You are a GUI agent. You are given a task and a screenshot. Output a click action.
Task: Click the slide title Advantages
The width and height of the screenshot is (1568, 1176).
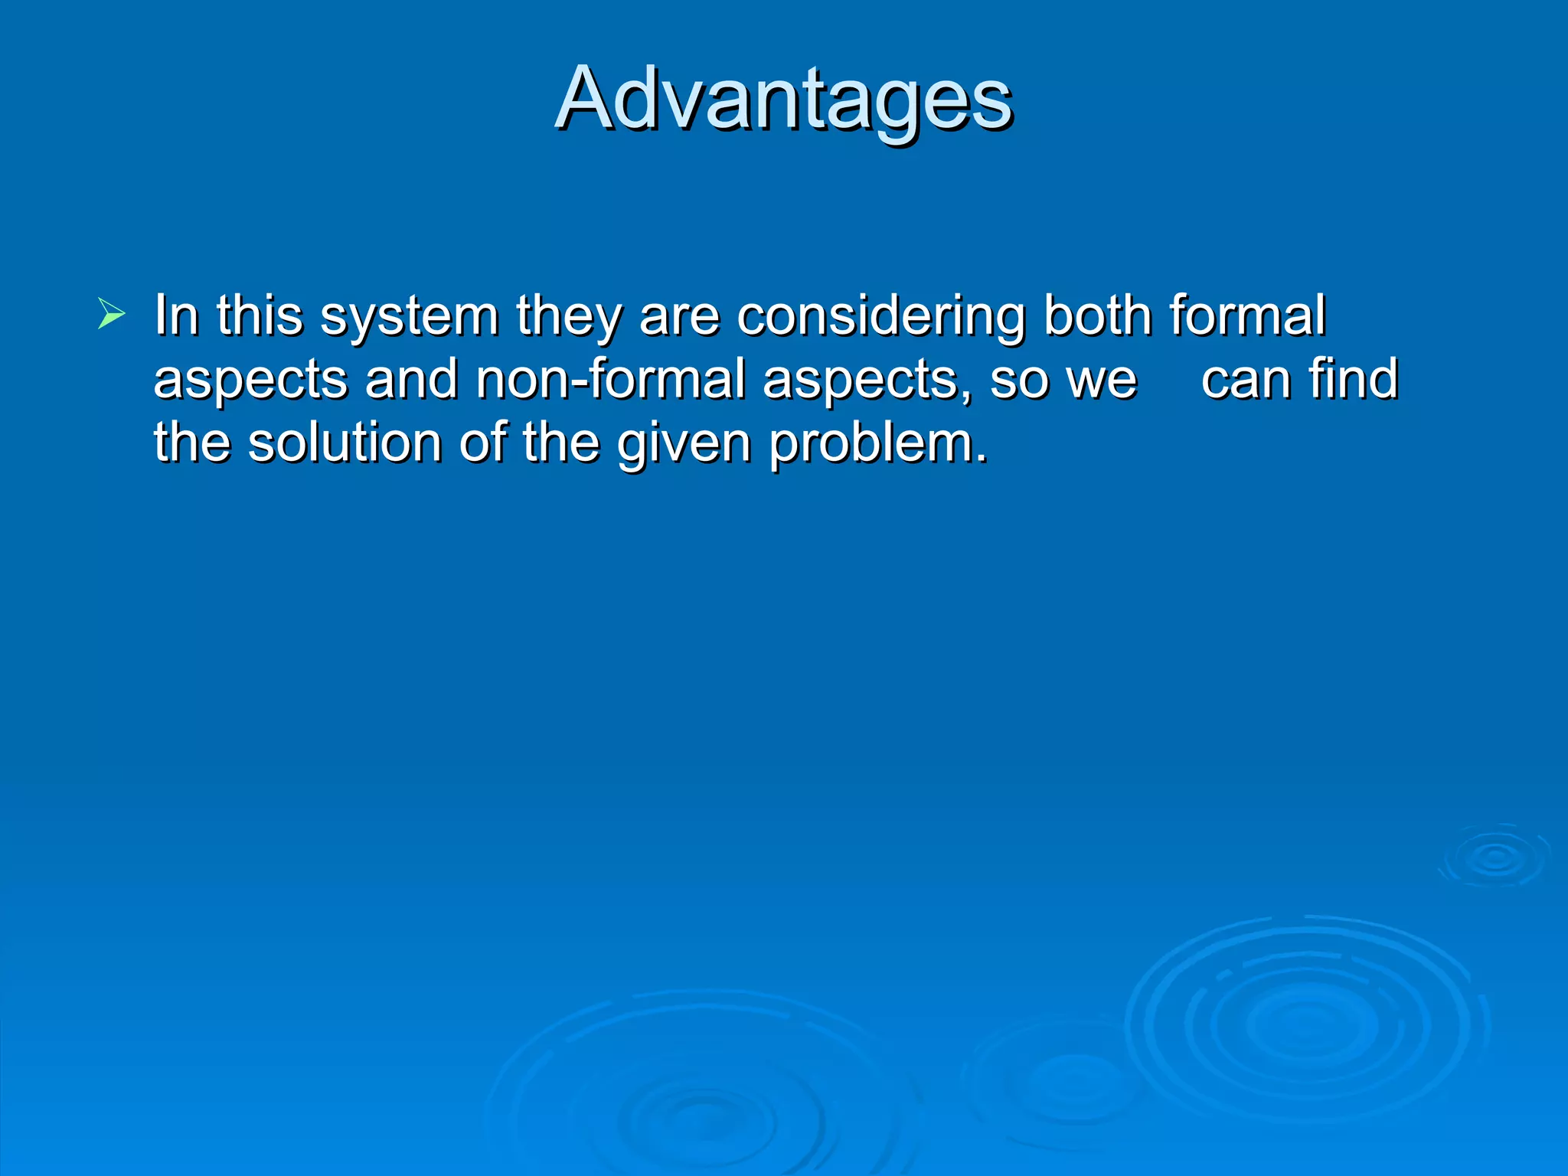pyautogui.click(x=784, y=100)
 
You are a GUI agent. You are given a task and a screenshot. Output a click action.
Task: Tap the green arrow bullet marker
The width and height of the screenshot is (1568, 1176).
pyautogui.click(x=111, y=314)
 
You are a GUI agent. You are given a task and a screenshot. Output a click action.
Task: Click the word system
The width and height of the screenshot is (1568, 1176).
pyautogui.click(x=410, y=315)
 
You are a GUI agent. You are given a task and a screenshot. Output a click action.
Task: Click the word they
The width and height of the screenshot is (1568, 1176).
pyautogui.click(x=568, y=315)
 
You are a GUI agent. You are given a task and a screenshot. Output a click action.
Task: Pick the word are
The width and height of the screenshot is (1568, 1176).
pyautogui.click(x=679, y=317)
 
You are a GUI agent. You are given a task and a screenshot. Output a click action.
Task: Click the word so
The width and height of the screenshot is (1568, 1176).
pyautogui.click(x=1018, y=381)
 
